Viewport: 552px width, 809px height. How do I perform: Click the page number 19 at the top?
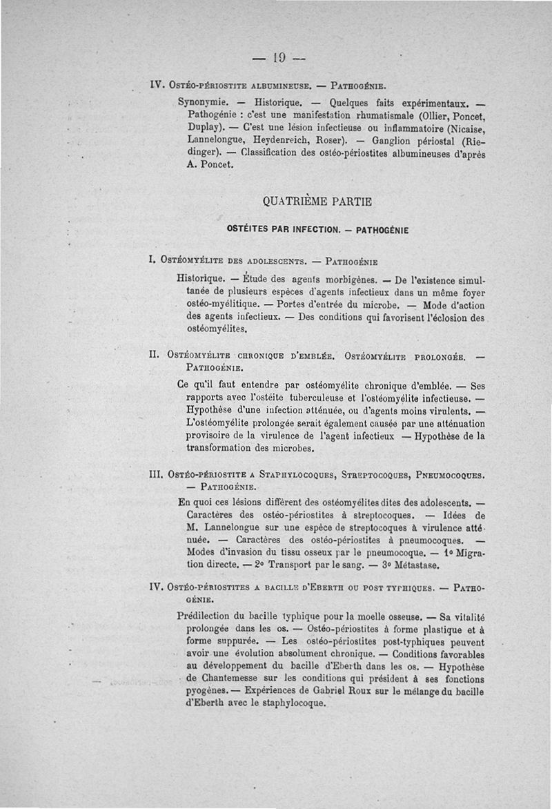(279, 58)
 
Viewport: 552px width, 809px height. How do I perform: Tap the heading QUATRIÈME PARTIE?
(317, 202)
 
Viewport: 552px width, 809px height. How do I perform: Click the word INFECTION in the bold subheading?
(315, 229)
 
